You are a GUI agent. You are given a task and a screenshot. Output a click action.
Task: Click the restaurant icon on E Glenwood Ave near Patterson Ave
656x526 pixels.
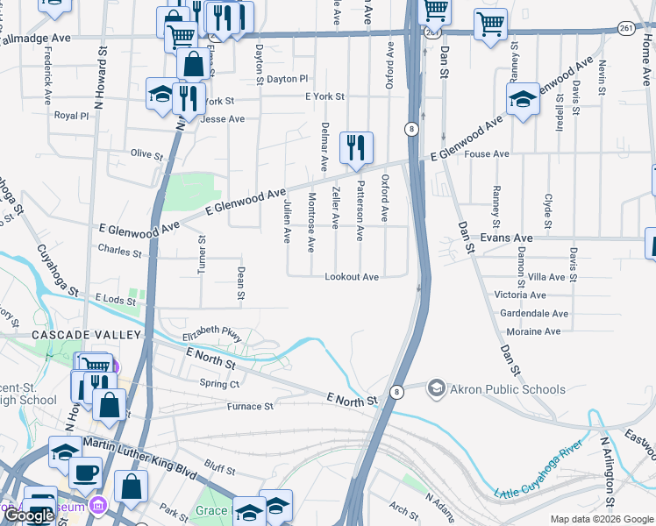click(x=355, y=148)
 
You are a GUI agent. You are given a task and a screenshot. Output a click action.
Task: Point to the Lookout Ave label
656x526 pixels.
click(x=352, y=277)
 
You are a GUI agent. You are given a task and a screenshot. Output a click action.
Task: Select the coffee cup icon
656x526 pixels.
click(x=85, y=473)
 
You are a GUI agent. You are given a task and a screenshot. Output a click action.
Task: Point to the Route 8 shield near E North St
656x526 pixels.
click(x=397, y=392)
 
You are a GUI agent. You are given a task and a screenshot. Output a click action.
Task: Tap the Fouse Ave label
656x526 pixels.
click(x=488, y=154)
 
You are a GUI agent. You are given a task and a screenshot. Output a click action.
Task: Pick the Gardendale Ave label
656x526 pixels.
click(x=533, y=313)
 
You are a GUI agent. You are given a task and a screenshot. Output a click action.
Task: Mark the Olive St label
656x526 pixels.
click(x=146, y=154)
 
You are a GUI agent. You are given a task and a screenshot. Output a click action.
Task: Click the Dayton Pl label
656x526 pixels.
click(x=289, y=79)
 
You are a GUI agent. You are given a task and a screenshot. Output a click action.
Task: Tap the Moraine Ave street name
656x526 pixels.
click(x=533, y=331)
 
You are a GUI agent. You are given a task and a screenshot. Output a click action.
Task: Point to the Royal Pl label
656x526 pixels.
click(x=72, y=115)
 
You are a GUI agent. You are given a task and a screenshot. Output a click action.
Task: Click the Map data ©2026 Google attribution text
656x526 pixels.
click(x=601, y=519)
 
